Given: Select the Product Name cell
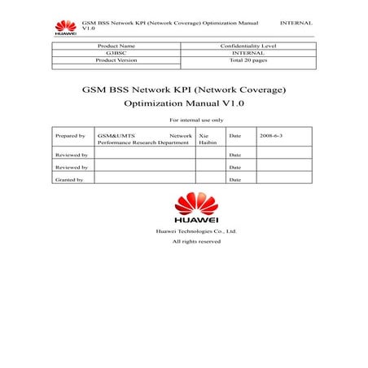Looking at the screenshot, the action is [116, 46].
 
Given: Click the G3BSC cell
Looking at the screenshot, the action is [116, 54].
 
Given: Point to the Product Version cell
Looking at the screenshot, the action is [116, 61].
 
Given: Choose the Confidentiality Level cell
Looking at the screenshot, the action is [248, 46].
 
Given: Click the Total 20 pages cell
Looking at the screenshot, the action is [248, 61].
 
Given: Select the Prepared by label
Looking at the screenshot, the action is [70, 134].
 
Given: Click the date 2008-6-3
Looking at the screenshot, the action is [271, 134].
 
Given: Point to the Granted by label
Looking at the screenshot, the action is [69, 179].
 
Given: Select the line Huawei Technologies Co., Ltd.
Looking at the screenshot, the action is [196, 232].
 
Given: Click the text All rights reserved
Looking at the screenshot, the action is [196, 242].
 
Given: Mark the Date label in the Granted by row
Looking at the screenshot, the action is [235, 179].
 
